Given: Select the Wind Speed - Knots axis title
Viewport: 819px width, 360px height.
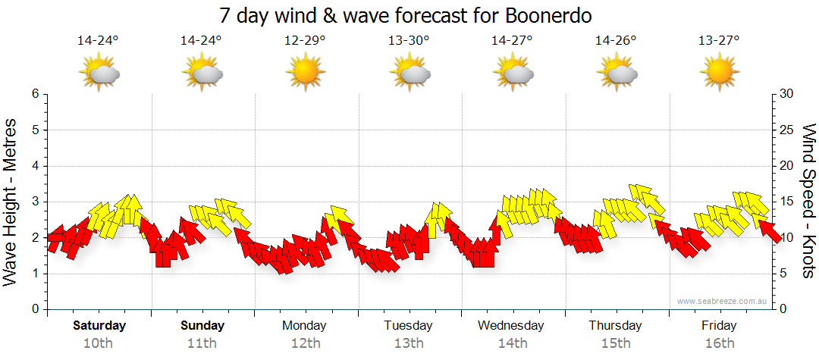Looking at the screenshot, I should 808,201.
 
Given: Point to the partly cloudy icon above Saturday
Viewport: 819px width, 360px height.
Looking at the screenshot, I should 99,74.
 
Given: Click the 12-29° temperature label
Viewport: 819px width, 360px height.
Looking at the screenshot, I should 305,40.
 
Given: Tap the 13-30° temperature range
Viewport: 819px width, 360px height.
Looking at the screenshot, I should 409,40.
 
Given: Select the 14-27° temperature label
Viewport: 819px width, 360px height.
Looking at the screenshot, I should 512,40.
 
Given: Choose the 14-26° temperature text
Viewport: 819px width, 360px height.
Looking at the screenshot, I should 615,40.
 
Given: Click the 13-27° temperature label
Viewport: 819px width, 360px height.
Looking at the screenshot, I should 719,40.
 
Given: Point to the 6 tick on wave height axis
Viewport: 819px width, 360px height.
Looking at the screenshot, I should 34,94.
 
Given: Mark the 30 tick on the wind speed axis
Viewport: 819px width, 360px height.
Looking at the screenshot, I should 786,94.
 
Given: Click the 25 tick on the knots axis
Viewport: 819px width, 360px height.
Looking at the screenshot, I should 786,130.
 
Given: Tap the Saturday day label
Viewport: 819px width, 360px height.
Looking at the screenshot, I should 99,326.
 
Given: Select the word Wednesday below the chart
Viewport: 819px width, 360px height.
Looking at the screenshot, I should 511,326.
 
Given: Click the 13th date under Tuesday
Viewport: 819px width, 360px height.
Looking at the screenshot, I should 409,343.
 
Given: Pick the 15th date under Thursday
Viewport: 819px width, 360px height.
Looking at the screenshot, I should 615,343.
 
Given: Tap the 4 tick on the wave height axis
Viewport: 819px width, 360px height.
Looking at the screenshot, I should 34,166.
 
